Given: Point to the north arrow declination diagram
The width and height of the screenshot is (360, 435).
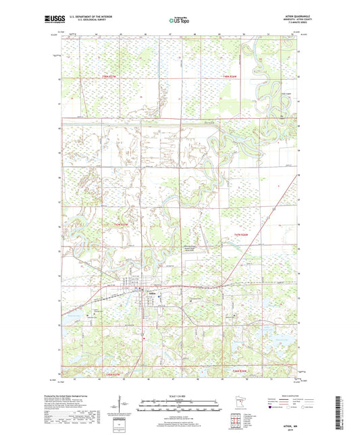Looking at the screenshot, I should (124, 405).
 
